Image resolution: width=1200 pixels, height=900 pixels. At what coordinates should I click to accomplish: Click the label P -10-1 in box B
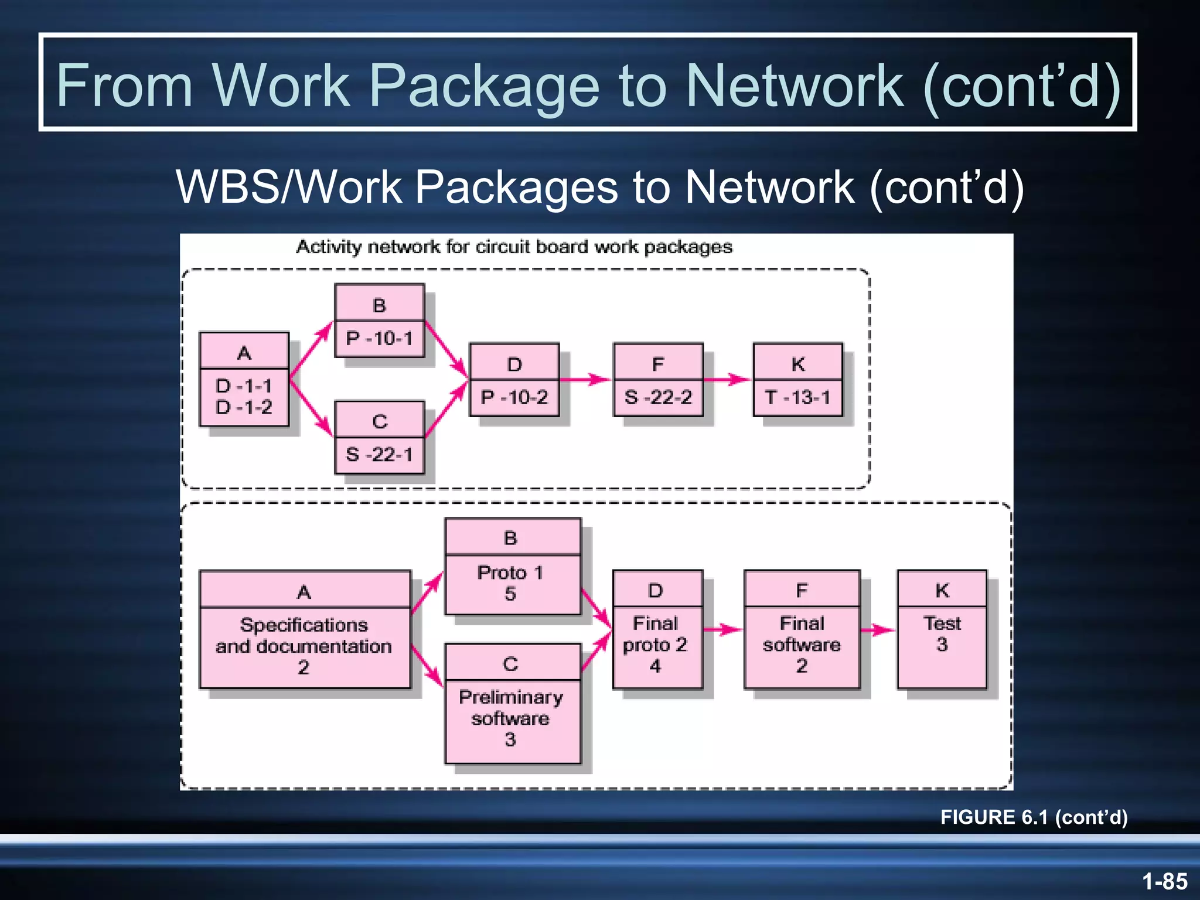pyautogui.click(x=379, y=339)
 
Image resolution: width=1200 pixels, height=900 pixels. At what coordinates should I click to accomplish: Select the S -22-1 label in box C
pyautogui.click(x=379, y=455)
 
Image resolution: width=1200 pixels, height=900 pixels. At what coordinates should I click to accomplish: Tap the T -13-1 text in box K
pyautogui.click(x=797, y=398)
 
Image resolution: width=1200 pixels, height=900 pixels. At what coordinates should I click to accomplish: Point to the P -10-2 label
pyautogui.click(x=514, y=398)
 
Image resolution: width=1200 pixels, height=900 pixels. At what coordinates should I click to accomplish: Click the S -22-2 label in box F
pyautogui.click(x=658, y=398)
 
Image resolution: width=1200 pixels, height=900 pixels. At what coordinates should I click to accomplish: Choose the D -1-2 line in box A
pyautogui.click(x=244, y=407)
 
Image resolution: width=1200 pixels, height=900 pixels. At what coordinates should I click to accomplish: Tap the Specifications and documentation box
pyautogui.click(x=304, y=646)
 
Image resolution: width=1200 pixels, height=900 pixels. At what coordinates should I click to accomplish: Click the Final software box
pyautogui.click(x=802, y=645)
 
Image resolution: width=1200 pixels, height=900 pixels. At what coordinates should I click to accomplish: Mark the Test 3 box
pyautogui.click(x=942, y=634)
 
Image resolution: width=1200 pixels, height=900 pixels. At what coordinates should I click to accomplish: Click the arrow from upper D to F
pyautogui.click(x=585, y=380)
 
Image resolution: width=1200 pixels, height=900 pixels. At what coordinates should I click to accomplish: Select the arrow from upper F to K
pyautogui.click(x=727, y=380)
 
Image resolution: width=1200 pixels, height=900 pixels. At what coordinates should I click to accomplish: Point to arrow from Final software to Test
pyautogui.click(x=878, y=630)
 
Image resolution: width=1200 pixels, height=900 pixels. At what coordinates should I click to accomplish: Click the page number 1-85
pyautogui.click(x=1164, y=881)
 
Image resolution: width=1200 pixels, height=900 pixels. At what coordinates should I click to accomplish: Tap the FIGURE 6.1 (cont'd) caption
pyautogui.click(x=1034, y=817)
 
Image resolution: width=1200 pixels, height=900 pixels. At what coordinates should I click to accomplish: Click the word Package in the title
pyautogui.click(x=485, y=87)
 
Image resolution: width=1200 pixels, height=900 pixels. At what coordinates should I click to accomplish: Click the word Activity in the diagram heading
pyautogui.click(x=329, y=247)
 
